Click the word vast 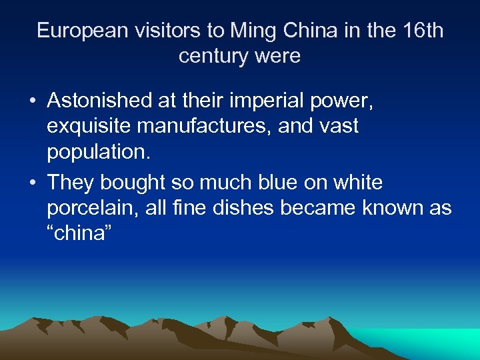[337, 125]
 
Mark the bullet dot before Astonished [32, 101]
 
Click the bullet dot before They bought [32, 182]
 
